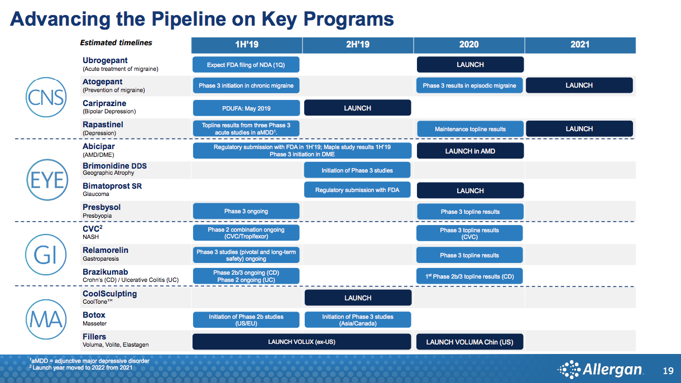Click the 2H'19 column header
click(358, 45)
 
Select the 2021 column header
click(580, 45)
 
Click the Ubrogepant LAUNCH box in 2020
click(471, 64)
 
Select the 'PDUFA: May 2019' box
click(246, 108)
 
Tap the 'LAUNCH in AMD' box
click(471, 151)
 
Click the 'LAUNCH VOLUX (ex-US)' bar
click(301, 342)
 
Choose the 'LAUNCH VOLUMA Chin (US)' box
click(469, 342)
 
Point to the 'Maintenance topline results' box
click(471, 129)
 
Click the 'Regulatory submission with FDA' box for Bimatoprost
click(357, 190)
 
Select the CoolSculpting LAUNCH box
click(358, 298)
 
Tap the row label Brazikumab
click(105, 272)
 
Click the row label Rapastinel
click(103, 125)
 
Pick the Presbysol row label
click(102, 207)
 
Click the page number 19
click(668, 371)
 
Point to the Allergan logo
click(600, 370)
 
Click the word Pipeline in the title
click(189, 19)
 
